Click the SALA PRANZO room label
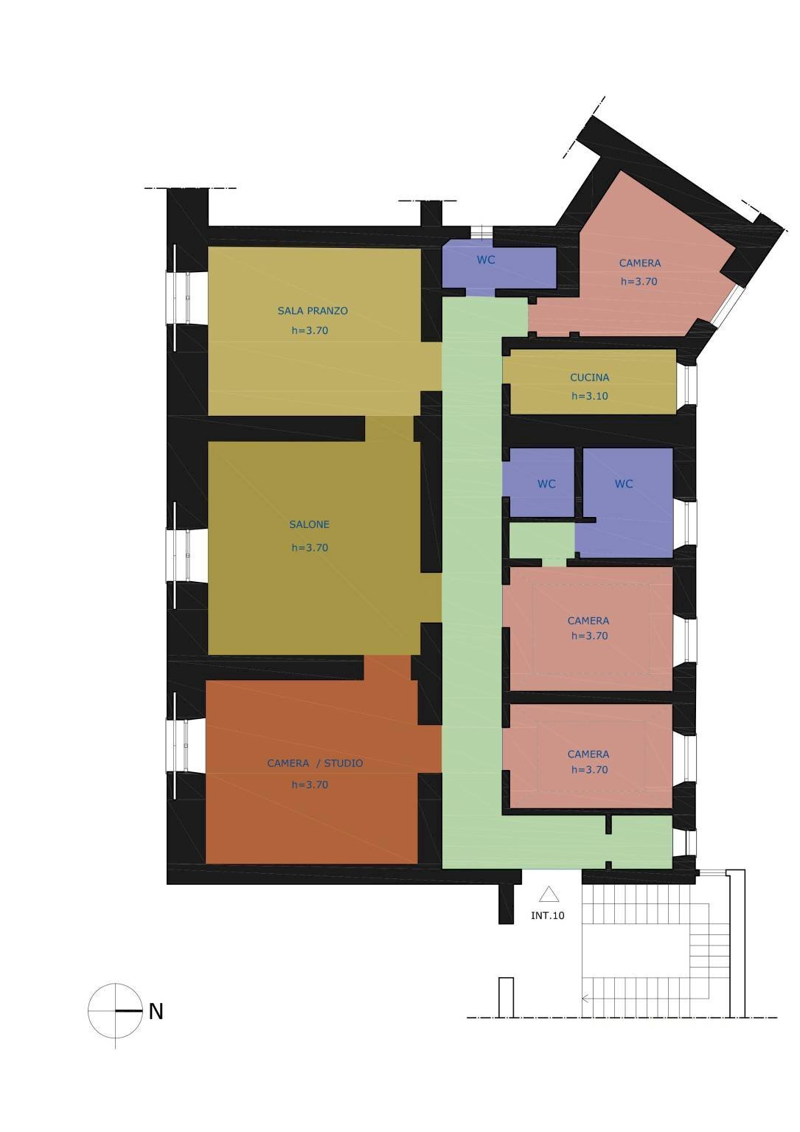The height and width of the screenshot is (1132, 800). click(x=313, y=311)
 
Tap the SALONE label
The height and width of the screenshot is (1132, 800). click(x=310, y=525)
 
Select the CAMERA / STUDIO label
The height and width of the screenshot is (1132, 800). click(x=315, y=763)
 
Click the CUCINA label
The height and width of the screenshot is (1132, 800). click(x=590, y=378)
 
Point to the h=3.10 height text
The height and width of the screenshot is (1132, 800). click(x=590, y=396)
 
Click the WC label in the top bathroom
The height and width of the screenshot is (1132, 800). click(x=486, y=260)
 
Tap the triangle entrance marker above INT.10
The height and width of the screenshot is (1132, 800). click(x=548, y=895)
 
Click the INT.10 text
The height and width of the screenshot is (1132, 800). click(x=548, y=916)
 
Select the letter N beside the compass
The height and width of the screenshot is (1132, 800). click(x=156, y=1012)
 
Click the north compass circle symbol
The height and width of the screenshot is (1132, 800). click(x=115, y=1010)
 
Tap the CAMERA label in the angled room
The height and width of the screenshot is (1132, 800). click(x=640, y=263)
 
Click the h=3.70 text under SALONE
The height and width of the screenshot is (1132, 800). click(x=310, y=548)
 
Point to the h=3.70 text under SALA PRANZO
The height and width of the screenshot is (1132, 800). click(x=310, y=330)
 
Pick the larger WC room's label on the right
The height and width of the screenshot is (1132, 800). click(x=624, y=485)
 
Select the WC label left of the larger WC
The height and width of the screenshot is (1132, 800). click(x=546, y=485)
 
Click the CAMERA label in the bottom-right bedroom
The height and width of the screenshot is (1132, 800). click(x=588, y=754)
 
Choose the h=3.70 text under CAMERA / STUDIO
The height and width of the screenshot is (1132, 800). click(x=310, y=785)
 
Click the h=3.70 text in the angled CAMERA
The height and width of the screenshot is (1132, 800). click(x=639, y=282)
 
